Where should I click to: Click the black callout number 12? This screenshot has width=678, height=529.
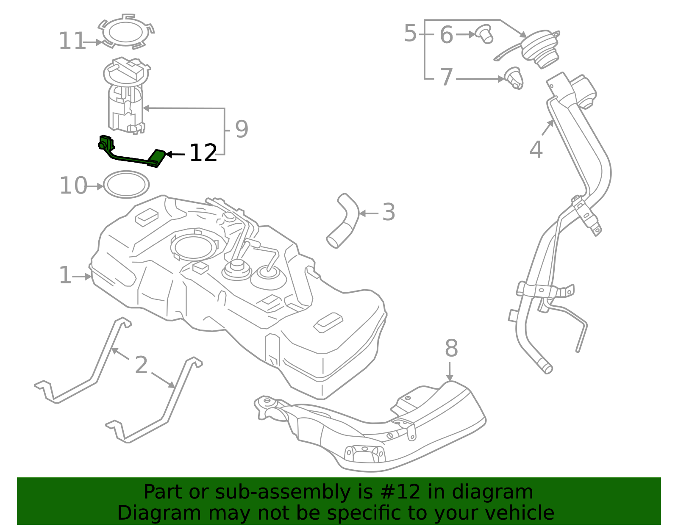(203, 153)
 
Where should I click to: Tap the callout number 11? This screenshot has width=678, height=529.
(72, 42)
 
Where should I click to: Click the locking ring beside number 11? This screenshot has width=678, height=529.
(126, 32)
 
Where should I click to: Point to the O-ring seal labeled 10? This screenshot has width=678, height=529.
(126, 184)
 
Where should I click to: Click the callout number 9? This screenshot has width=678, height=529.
(241, 130)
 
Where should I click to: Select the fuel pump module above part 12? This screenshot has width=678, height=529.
(126, 95)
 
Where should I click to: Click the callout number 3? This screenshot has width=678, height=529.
(388, 213)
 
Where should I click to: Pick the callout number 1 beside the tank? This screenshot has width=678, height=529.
(65, 276)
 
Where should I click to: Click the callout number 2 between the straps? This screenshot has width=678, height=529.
(141, 365)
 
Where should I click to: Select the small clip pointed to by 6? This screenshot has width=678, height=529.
(485, 34)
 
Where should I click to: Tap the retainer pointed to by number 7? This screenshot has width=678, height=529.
(514, 78)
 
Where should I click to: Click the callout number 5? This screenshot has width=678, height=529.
(410, 33)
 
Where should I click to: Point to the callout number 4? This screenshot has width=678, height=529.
(536, 150)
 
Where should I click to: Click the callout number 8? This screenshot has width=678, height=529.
(451, 349)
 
